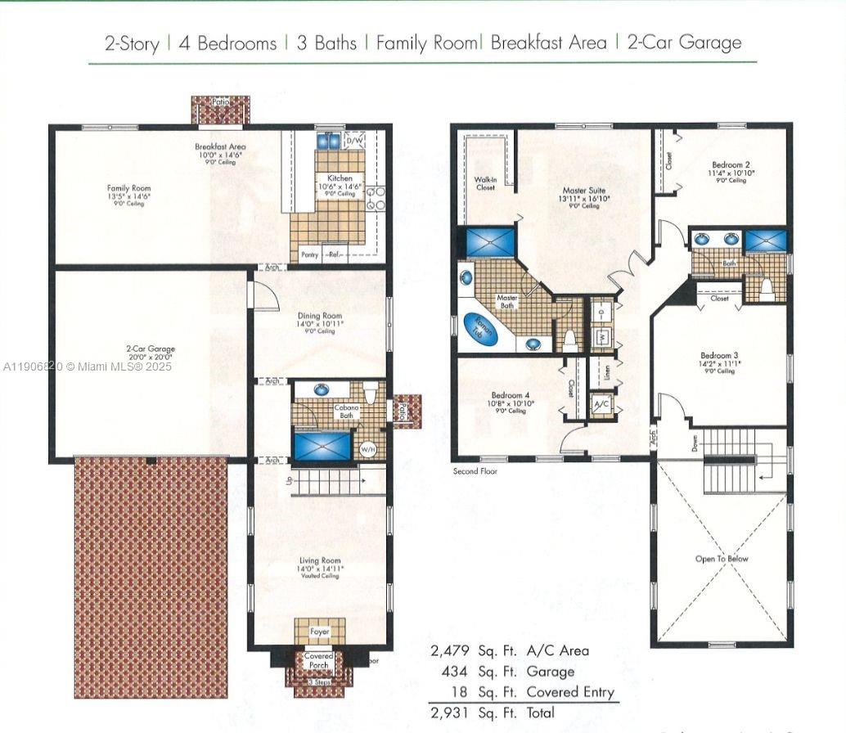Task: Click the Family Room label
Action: point(129,188)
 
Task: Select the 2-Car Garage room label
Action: point(151,349)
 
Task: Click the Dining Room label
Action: point(321,317)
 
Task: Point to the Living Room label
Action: point(320,561)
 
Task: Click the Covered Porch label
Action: point(318,660)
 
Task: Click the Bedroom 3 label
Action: point(719,356)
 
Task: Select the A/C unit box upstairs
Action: point(601,405)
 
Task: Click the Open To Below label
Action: point(721,560)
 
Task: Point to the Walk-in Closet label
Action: point(485,183)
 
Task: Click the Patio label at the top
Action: point(220,103)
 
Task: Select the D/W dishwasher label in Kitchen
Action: point(355,142)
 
